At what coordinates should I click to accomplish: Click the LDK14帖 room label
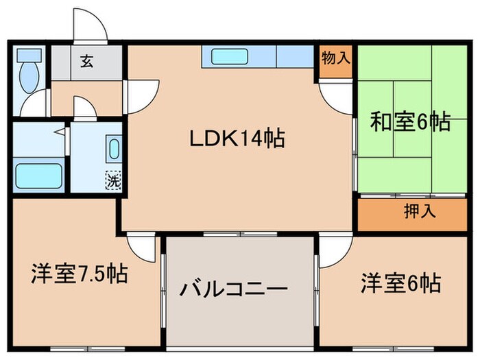coord(237,139)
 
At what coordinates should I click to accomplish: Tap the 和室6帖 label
coord(410,122)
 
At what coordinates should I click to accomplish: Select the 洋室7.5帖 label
coord(77,274)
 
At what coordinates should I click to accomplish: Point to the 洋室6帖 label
coord(401,282)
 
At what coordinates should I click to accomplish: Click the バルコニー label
coord(233,289)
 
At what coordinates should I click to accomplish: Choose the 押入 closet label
coord(419,211)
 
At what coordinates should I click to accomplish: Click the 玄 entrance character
coord(88,60)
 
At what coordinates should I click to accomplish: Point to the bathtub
coord(38,175)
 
